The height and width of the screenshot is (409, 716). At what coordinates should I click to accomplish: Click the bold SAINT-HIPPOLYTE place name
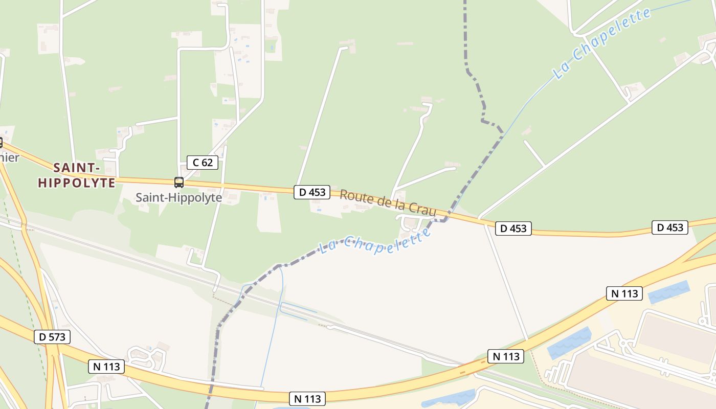click(x=76, y=175)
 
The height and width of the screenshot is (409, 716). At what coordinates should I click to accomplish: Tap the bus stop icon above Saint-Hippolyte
click(x=179, y=183)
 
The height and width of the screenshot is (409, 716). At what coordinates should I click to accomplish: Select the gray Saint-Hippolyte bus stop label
click(x=178, y=197)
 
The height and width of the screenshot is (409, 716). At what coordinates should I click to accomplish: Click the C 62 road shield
click(x=203, y=163)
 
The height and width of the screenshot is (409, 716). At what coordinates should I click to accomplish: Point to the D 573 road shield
click(x=52, y=337)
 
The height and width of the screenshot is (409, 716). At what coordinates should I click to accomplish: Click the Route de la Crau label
click(x=388, y=202)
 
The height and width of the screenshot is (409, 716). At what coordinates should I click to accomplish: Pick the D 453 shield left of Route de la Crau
click(x=312, y=192)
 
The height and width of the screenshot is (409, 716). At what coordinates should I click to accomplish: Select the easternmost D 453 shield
click(x=670, y=227)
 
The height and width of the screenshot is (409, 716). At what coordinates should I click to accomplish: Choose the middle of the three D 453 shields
click(x=513, y=229)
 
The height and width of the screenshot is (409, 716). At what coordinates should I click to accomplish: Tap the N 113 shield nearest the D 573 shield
click(x=106, y=366)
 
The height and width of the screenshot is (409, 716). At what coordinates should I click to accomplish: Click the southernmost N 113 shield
click(x=307, y=398)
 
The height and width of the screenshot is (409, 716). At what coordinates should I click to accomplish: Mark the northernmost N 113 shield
click(x=624, y=293)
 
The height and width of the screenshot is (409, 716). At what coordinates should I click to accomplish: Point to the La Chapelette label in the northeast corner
click(x=602, y=44)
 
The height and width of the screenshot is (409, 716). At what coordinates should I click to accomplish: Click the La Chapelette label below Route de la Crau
click(x=375, y=242)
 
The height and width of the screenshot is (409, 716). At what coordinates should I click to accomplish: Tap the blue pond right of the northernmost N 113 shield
click(x=668, y=292)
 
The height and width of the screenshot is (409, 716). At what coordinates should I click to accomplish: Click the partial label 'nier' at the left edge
click(x=9, y=157)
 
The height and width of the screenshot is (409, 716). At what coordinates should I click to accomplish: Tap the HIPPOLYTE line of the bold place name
click(x=76, y=183)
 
